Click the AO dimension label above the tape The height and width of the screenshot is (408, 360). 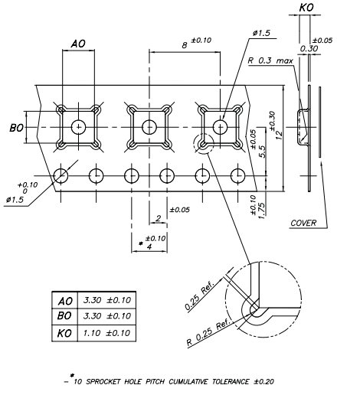(x=78, y=45)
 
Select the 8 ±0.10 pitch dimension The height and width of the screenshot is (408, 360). (x=192, y=46)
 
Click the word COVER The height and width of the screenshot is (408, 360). (x=304, y=224)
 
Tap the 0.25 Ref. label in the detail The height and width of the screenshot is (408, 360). (x=202, y=299)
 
